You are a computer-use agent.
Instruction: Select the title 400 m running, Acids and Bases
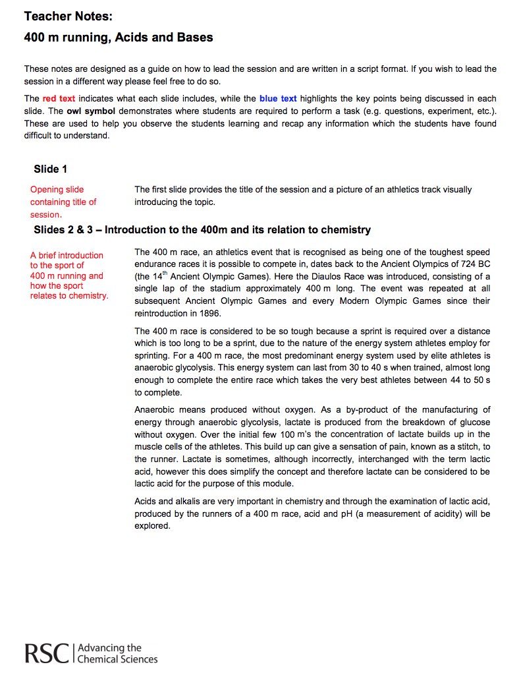point(119,38)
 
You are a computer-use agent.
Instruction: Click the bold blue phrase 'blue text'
point(278,99)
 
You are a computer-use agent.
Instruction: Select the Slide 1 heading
point(51,169)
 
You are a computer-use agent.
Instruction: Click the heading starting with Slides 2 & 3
point(202,230)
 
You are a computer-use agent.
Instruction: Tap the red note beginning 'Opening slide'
point(63,202)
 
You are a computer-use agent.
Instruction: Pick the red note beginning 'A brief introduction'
point(69,276)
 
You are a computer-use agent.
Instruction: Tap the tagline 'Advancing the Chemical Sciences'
point(117,653)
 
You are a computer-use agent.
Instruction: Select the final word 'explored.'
point(152,526)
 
